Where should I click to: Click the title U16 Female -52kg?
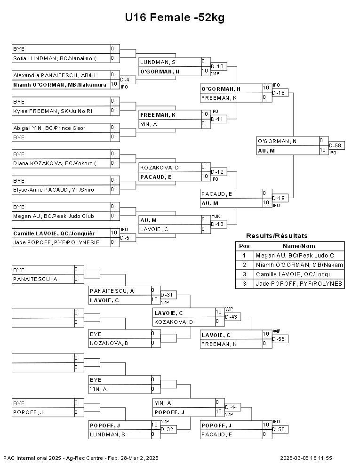[x=175, y=17]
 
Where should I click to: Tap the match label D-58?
[x=335, y=145]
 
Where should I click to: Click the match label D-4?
[x=125, y=80]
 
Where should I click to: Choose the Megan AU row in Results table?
[x=290, y=255]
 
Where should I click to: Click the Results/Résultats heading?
[x=277, y=236]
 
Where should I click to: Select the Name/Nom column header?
[x=299, y=246]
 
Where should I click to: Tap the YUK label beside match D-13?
[x=216, y=217]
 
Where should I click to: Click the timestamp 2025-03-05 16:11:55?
[x=306, y=458]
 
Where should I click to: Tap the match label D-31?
[x=167, y=295]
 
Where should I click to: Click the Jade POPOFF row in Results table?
[x=290, y=283]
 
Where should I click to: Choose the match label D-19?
[x=278, y=198]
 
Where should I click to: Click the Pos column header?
[x=244, y=246]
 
